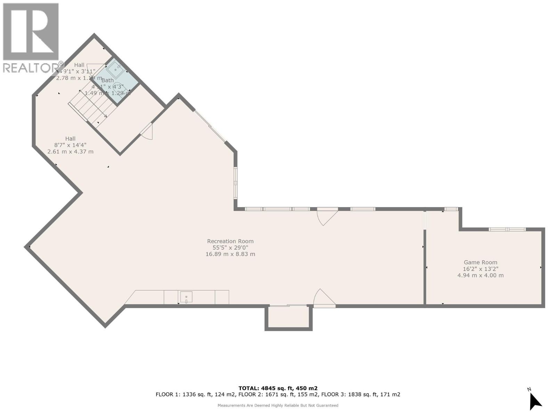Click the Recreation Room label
[x=230, y=241]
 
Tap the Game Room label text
[x=480, y=262]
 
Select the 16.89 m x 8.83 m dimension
[x=230, y=254]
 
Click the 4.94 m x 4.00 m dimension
[x=480, y=275]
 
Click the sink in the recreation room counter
[x=186, y=297]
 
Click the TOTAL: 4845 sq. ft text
[x=278, y=388]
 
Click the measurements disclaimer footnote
[x=278, y=405]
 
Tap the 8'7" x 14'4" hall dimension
[x=70, y=145]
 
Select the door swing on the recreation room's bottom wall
[x=323, y=299]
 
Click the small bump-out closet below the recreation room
[x=288, y=317]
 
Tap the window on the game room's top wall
[x=507, y=229]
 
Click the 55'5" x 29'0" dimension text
[x=230, y=248]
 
